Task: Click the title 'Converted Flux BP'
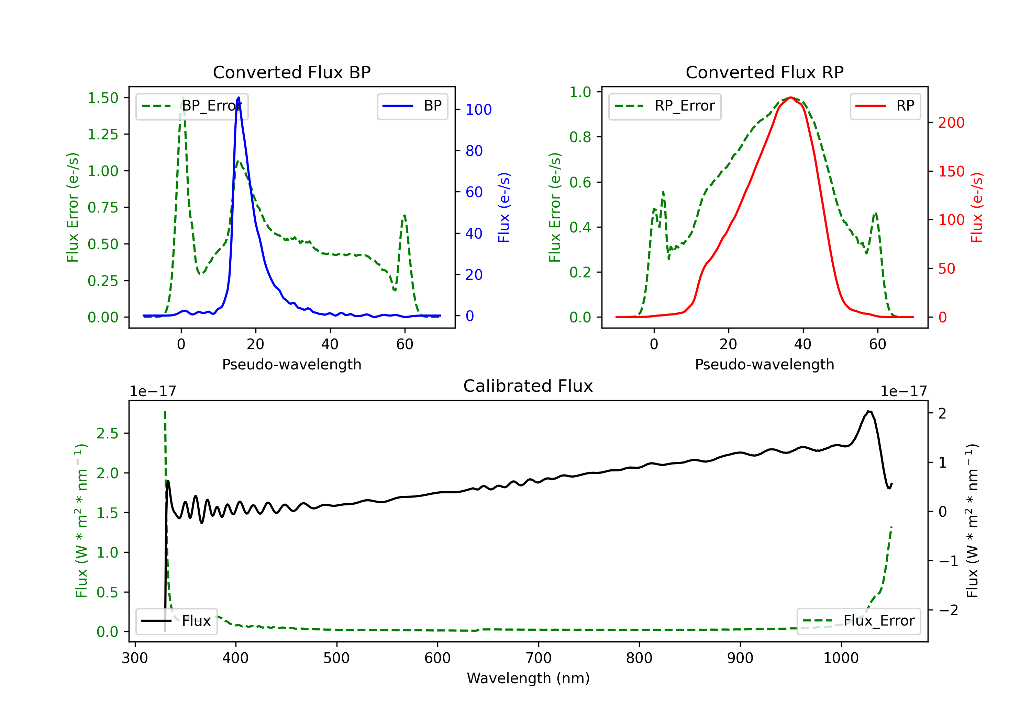pyautogui.click(x=291, y=72)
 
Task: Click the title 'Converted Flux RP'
pyautogui.click(x=764, y=72)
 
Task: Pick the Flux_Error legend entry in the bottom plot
pyautogui.click(x=858, y=621)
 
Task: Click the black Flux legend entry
pyautogui.click(x=177, y=621)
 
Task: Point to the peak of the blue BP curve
pyautogui.click(x=239, y=98)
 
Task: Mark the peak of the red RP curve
pyautogui.click(x=791, y=98)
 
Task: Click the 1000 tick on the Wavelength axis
pyautogui.click(x=841, y=658)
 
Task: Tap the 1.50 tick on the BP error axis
pyautogui.click(x=103, y=98)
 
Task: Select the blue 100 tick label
pyautogui.click(x=478, y=110)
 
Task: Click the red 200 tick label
pyautogui.click(x=951, y=123)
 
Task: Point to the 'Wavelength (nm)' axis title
pyautogui.click(x=528, y=678)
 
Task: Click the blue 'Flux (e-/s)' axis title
pyautogui.click(x=504, y=207)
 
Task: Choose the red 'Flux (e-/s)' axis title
pyautogui.click(x=977, y=207)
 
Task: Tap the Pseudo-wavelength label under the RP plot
pyautogui.click(x=764, y=364)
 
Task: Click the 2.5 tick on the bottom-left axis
pyautogui.click(x=107, y=433)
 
